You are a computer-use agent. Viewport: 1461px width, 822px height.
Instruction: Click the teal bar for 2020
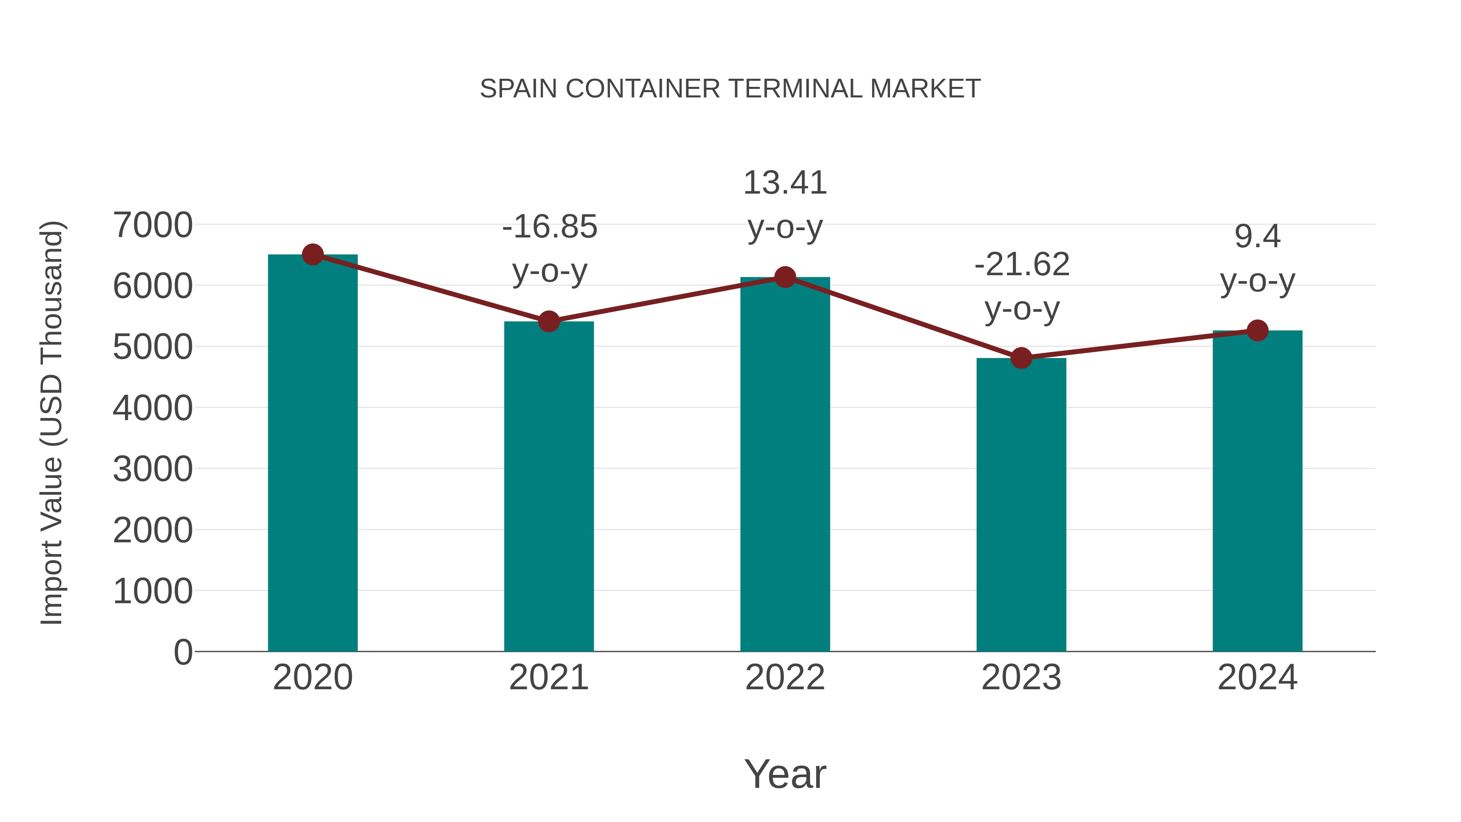312,454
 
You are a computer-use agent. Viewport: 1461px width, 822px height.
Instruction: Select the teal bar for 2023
1021,505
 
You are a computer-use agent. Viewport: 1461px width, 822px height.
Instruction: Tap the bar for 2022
785,465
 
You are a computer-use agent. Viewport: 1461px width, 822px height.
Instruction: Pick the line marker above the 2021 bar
548,321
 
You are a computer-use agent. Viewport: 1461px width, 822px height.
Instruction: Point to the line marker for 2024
1257,330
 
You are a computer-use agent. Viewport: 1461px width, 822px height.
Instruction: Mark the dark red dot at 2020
312,255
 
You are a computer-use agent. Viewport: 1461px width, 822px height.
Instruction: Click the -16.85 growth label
549,227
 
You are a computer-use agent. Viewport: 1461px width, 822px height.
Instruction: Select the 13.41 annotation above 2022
785,183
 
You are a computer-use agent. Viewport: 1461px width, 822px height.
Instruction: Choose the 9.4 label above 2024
1257,237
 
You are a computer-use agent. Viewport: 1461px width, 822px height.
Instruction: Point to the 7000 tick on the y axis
153,225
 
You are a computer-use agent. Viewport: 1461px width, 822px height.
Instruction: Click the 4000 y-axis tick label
153,408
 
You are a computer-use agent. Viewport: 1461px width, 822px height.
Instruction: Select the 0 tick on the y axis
183,652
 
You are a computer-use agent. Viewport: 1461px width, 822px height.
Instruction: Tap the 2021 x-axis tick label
548,677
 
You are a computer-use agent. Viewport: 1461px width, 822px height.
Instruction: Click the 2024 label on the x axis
1257,677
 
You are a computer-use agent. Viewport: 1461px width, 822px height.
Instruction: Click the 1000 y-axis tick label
153,592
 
